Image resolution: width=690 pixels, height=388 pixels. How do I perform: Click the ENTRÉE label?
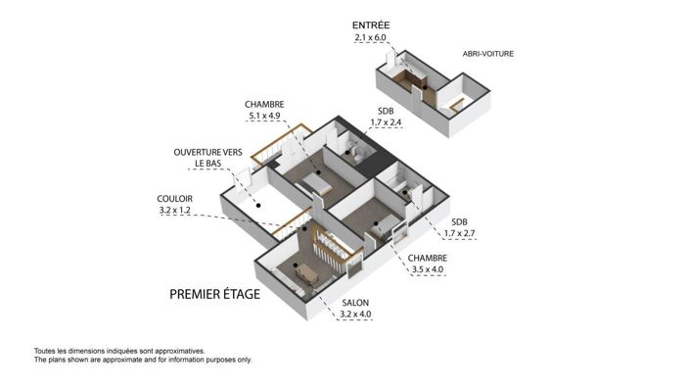pos(370,24)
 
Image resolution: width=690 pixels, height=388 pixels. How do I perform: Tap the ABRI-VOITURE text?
pos(488,54)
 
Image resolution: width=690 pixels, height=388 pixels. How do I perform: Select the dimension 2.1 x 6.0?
pos(371,38)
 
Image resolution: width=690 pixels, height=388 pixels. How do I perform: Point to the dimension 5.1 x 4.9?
pos(264,117)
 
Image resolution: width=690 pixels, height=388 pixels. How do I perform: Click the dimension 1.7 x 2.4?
pos(385,123)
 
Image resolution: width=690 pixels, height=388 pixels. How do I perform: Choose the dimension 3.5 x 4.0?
pos(426,268)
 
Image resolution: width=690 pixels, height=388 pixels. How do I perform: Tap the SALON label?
pos(354,302)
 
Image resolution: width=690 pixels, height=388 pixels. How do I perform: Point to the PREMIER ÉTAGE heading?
pos(214,293)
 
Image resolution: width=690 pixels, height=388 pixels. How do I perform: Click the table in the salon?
pos(307,273)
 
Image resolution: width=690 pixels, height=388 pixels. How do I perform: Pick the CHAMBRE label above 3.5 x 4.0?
pos(426,257)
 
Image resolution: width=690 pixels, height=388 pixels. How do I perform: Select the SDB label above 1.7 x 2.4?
pos(385,111)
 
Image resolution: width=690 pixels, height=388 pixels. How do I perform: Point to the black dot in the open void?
pos(256,206)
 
